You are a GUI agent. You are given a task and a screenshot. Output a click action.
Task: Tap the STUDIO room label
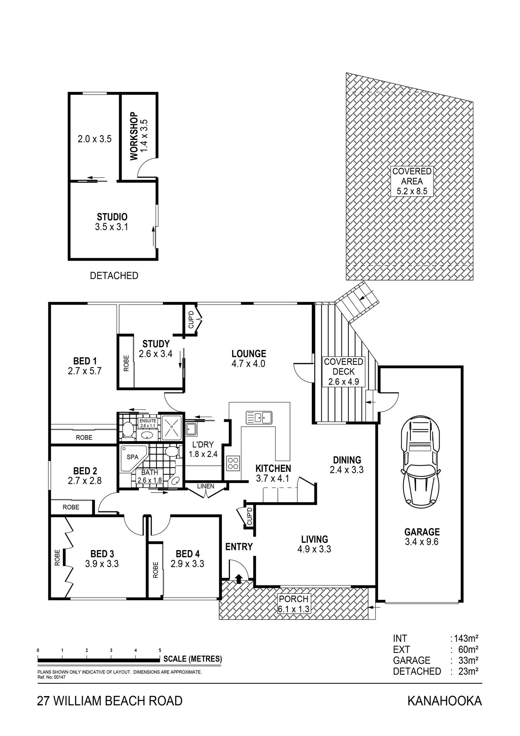112,217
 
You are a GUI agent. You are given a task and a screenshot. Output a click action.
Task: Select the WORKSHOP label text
133,136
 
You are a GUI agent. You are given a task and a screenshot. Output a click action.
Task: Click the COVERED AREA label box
412,181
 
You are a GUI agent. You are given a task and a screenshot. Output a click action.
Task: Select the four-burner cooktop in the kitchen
233,463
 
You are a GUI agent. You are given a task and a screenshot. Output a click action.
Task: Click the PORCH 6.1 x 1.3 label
294,604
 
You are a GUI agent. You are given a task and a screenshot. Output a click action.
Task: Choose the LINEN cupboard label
206,486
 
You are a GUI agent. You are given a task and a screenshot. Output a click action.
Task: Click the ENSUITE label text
148,421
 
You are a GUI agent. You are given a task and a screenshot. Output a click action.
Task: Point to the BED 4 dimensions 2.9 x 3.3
187,564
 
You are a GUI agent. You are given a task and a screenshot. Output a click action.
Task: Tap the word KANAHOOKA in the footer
444,701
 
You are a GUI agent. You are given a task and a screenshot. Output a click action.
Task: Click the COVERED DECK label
343,367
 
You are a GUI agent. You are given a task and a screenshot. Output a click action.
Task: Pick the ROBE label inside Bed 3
57,558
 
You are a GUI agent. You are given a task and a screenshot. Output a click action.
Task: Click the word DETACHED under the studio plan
114,276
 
